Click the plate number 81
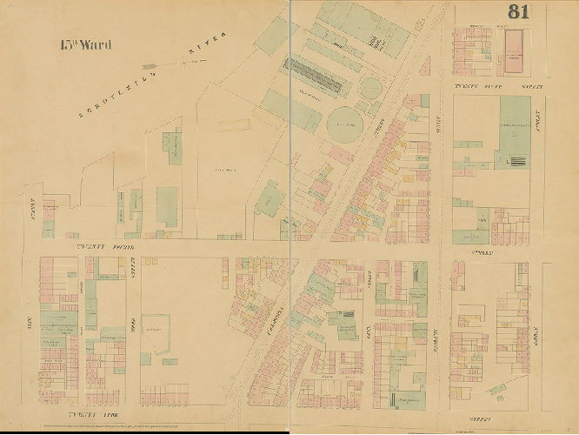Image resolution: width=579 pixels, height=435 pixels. (x=520, y=12)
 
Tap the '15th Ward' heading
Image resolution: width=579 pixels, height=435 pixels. (x=85, y=44)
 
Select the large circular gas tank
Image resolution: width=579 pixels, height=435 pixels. (x=341, y=119)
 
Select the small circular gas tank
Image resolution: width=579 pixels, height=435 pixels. (x=371, y=88)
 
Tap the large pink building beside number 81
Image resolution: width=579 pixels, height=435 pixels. (x=514, y=50)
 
